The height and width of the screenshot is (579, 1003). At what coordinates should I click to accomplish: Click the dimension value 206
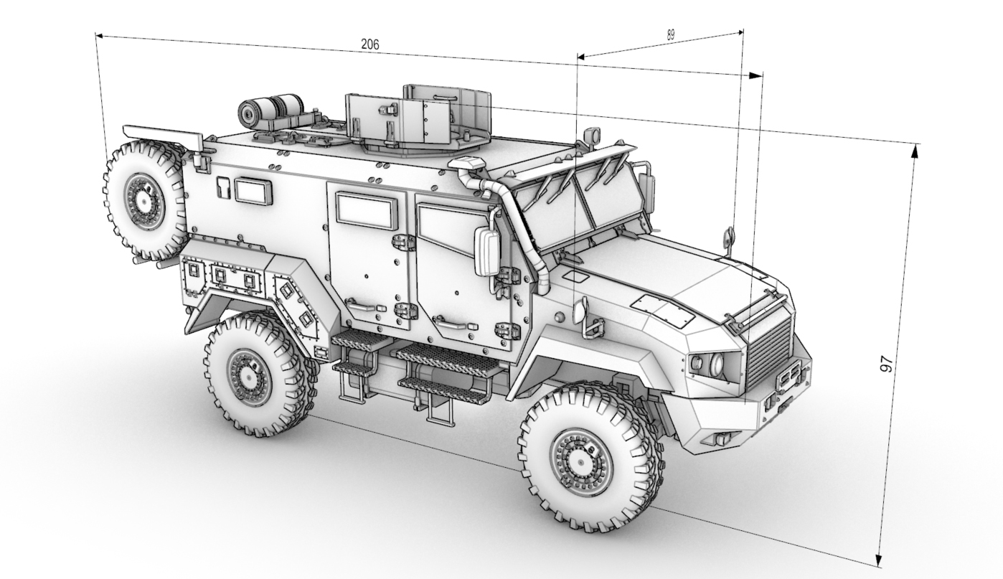point(370,44)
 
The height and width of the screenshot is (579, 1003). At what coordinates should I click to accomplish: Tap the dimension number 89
point(670,35)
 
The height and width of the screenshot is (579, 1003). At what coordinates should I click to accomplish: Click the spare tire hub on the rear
point(143,202)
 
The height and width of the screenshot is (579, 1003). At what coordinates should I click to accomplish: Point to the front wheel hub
point(580,462)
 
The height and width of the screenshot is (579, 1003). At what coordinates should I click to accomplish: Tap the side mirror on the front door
point(487,251)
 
